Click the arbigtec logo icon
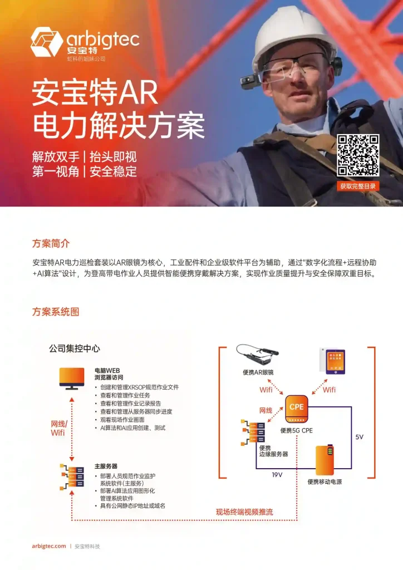pyautogui.click(x=47, y=42)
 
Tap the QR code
pyautogui.click(x=358, y=155)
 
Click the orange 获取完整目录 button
pyautogui.click(x=358, y=186)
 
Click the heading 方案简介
pyautogui.click(x=51, y=244)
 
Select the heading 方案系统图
pyautogui.click(x=56, y=312)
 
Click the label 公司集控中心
pyautogui.click(x=75, y=348)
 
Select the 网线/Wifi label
pyautogui.click(x=58, y=427)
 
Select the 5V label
pyautogui.click(x=359, y=437)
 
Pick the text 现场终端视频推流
pyautogui.click(x=244, y=512)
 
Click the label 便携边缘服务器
pyautogui.click(x=273, y=450)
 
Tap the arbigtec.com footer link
pyautogui.click(x=49, y=546)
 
